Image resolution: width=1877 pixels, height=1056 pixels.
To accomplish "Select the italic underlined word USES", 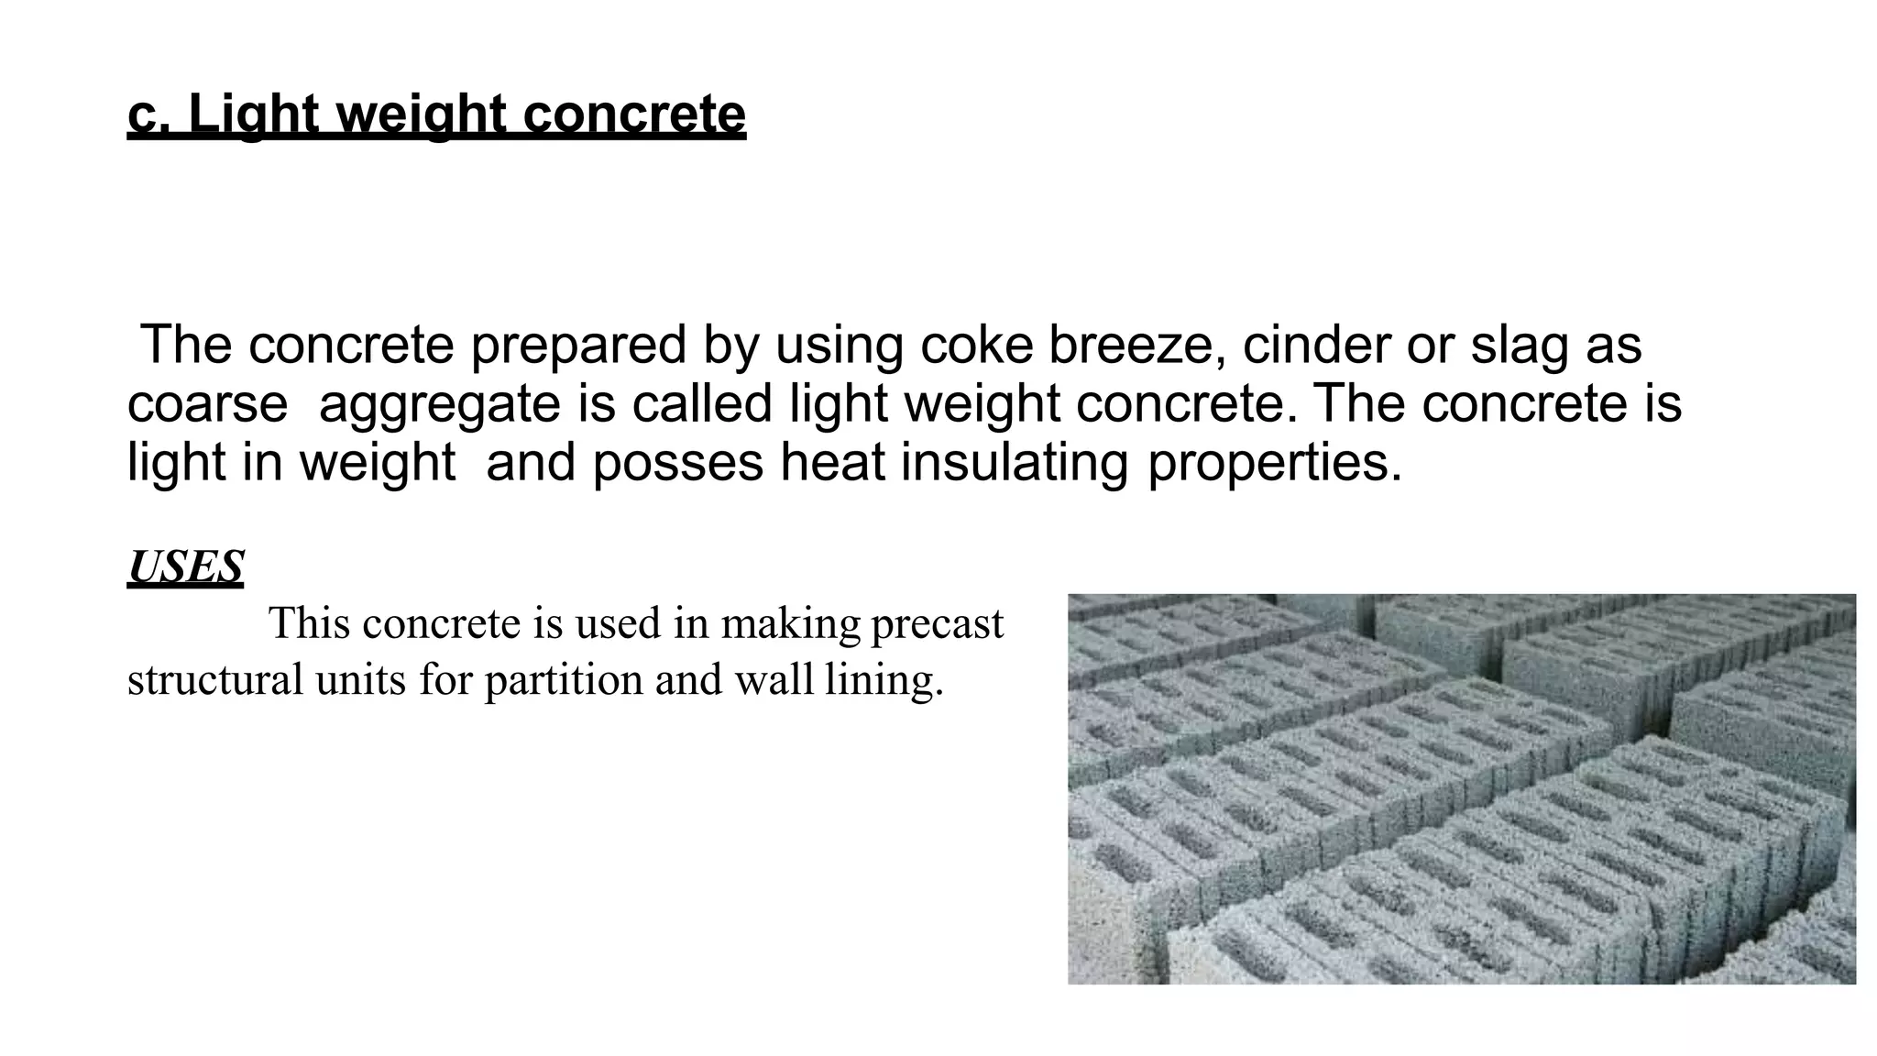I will tap(186, 567).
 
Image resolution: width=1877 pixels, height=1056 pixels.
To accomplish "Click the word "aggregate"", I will tap(439, 403).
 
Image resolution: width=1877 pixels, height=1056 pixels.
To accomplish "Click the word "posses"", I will tap(677, 462).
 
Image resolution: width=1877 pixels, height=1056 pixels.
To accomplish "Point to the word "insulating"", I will tap(1015, 462).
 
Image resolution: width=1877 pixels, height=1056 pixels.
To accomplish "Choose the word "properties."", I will tap(1275, 462).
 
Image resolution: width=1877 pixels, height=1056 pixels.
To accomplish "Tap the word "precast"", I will tap(937, 624).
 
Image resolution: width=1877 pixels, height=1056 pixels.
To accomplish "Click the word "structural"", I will tap(215, 680).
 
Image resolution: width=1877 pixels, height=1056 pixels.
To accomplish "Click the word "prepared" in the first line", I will tap(578, 345).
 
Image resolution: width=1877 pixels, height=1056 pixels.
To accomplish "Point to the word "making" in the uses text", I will tap(791, 624).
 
